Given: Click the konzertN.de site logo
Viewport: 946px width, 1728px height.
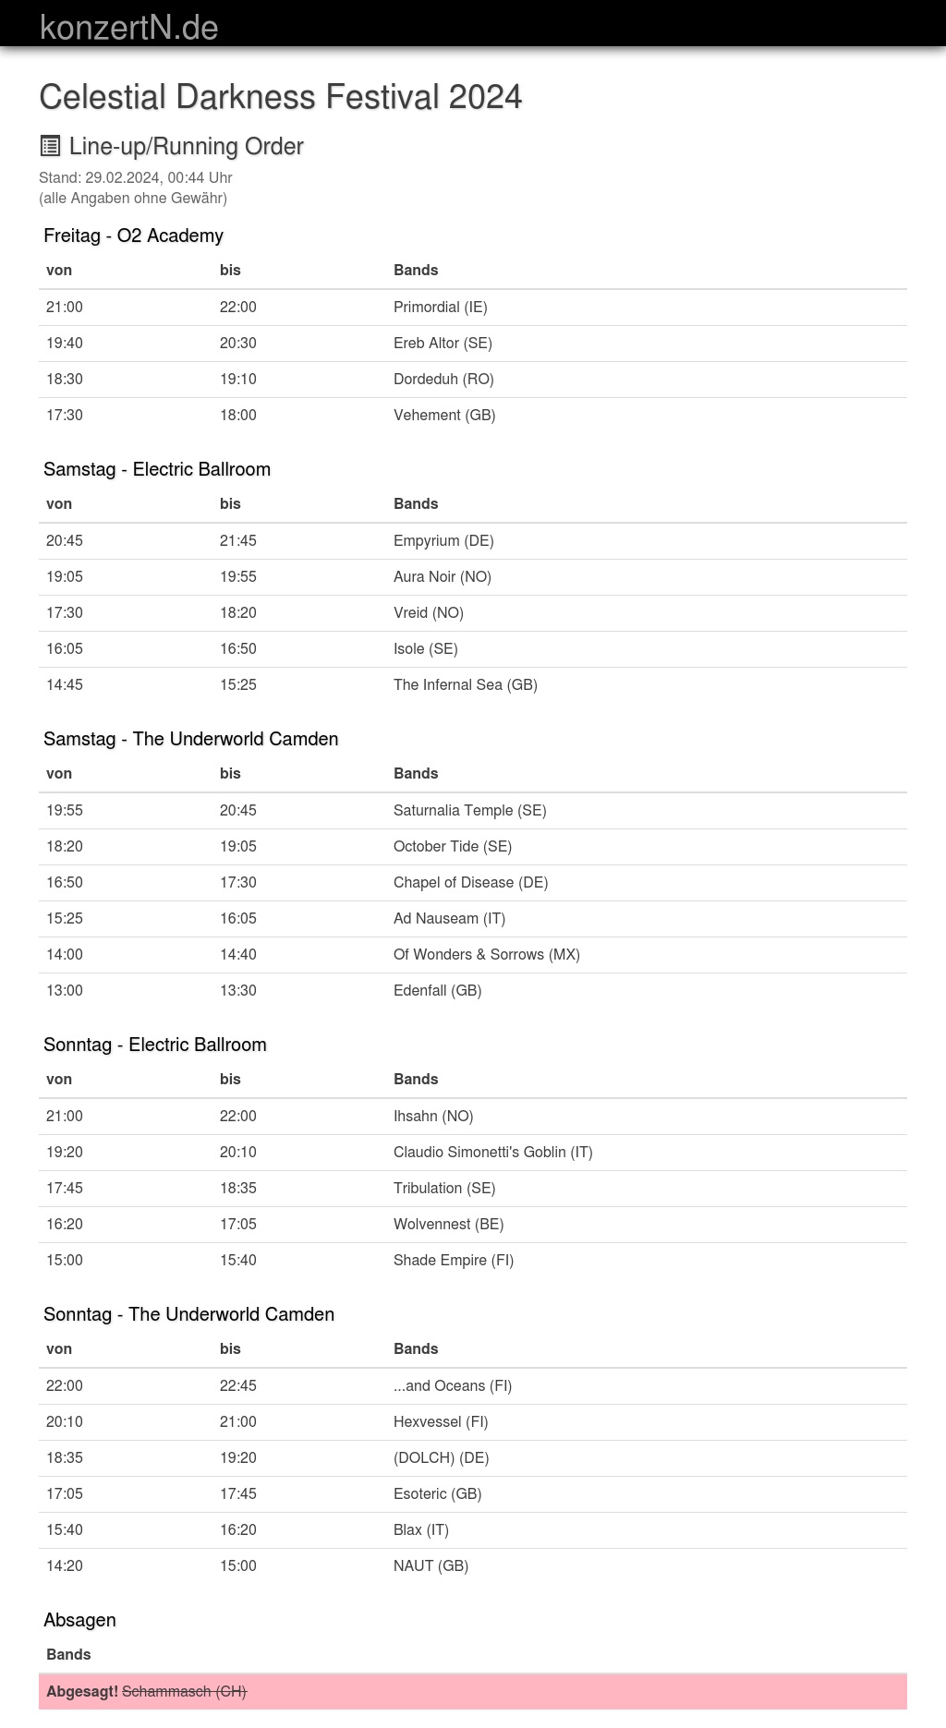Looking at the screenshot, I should pyautogui.click(x=128, y=28).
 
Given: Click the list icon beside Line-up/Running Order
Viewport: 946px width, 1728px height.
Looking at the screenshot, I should pyautogui.click(x=50, y=146).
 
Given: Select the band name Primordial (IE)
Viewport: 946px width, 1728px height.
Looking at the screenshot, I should pyautogui.click(x=440, y=308).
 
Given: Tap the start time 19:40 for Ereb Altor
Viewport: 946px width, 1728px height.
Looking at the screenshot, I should pyautogui.click(x=65, y=344).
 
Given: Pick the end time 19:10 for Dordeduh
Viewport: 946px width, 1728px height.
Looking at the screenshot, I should pyautogui.click(x=238, y=380).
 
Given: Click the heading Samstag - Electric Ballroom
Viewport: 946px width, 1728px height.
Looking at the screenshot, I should pyautogui.click(x=157, y=469).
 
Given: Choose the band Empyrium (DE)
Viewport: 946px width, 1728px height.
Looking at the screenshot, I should pyautogui.click(x=443, y=541).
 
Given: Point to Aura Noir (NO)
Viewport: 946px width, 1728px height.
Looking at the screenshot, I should pyautogui.click(x=442, y=577).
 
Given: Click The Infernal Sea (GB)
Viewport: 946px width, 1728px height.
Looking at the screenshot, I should pyautogui.click(x=465, y=685).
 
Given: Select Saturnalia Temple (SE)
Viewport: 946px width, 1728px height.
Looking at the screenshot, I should pyautogui.click(x=469, y=811).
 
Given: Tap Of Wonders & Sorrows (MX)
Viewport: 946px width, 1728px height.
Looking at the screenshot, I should pyautogui.click(x=486, y=955).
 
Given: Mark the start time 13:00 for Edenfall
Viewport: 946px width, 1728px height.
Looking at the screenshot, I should pyautogui.click(x=65, y=991).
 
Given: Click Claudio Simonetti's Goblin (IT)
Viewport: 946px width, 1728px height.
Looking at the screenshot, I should pyautogui.click(x=492, y=1153).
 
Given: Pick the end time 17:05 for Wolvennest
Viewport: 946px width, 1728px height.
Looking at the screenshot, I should pyautogui.click(x=238, y=1225).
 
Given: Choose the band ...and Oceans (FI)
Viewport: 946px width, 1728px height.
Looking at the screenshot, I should pyautogui.click(x=452, y=1386).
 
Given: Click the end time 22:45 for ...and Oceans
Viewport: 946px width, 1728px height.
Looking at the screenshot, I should pyautogui.click(x=238, y=1386).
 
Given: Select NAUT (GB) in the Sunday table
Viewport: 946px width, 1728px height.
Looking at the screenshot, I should pyautogui.click(x=431, y=1566).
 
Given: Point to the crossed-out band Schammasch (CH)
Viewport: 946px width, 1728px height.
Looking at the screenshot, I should pyautogui.click(x=184, y=1692).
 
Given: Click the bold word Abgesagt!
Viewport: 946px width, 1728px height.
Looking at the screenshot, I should pyautogui.click(x=82, y=1692).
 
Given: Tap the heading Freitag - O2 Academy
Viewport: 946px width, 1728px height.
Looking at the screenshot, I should pyautogui.click(x=133, y=236).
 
